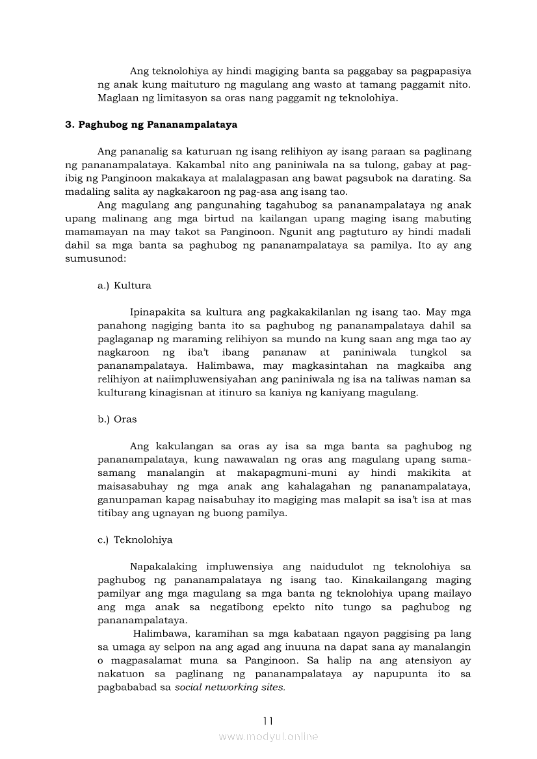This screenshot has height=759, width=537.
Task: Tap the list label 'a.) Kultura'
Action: coord(124,286)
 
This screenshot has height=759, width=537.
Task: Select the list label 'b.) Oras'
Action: coord(117,419)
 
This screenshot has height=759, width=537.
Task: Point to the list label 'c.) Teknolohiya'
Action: coord(135,540)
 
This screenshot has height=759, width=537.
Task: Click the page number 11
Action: coord(268,721)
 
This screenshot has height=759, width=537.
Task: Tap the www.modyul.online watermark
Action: coord(268,737)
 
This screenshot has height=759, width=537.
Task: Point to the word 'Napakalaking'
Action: coord(163,567)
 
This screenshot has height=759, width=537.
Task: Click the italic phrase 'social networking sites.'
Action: coord(230,688)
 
